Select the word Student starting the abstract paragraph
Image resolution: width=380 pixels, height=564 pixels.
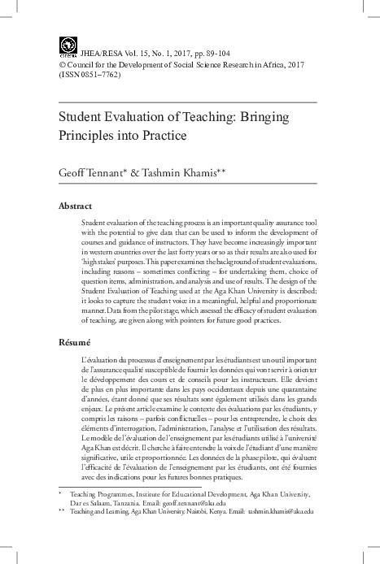tap(95, 223)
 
